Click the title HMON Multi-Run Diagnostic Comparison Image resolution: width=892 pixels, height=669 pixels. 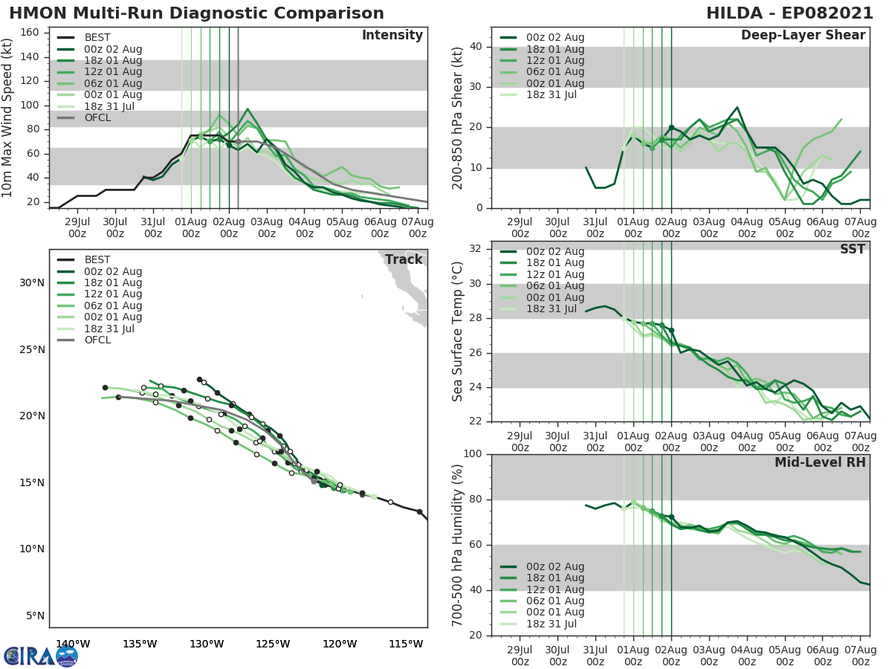(197, 13)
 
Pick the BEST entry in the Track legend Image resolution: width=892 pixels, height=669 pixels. (97, 260)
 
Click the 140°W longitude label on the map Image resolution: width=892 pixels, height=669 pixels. (73, 644)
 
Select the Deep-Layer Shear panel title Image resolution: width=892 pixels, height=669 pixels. (803, 36)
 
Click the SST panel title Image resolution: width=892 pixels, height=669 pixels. (852, 249)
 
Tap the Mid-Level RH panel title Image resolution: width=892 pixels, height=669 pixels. (820, 462)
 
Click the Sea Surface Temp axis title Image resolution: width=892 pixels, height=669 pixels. (458, 332)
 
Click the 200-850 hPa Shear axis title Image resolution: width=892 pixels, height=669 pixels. (458, 117)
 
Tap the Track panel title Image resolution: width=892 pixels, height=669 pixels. (403, 259)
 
